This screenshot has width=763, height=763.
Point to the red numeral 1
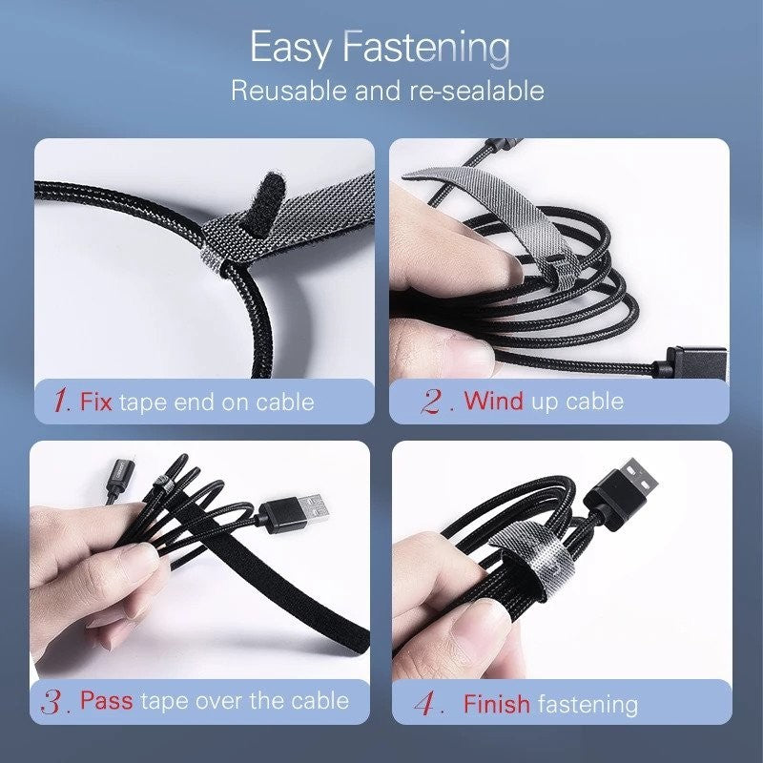(x=61, y=401)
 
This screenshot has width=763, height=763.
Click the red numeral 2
(x=433, y=401)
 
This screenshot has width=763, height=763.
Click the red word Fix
(x=96, y=401)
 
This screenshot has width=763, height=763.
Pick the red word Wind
(x=494, y=401)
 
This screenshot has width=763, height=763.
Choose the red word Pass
(x=106, y=702)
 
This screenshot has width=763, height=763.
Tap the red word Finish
(x=496, y=705)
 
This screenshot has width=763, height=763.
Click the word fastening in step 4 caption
(x=588, y=705)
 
